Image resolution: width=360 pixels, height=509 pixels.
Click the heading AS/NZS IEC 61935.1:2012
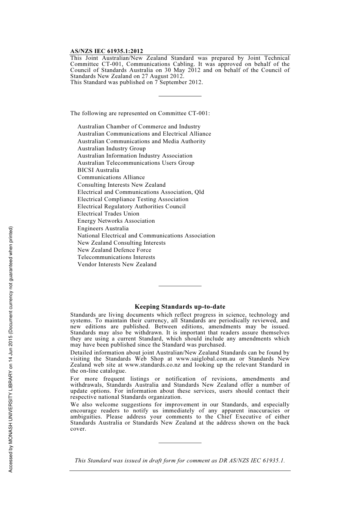[x=106, y=51]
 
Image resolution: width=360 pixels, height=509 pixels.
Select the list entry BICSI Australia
[x=98, y=170]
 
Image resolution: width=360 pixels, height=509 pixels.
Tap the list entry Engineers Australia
[x=103, y=228]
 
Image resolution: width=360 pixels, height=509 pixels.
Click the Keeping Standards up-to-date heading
[x=180, y=307]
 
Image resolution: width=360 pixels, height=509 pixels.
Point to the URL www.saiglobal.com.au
[x=205, y=359]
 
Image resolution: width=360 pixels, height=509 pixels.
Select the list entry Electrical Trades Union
[x=108, y=214]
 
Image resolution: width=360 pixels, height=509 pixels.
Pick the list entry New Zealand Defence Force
[x=114, y=250]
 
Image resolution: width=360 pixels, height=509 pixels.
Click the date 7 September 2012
[x=178, y=82]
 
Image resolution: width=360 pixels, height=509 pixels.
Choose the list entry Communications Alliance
[x=111, y=177]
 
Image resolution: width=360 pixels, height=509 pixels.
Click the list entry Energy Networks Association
[x=116, y=221]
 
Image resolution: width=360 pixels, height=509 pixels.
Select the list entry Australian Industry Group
[x=111, y=148]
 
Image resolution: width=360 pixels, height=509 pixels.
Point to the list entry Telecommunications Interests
[x=116, y=257]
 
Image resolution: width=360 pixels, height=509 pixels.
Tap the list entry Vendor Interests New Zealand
[x=117, y=264]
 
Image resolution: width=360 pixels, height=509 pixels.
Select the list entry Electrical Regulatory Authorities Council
[x=131, y=206]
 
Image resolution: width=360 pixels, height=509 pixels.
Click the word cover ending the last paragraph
[x=78, y=429]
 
